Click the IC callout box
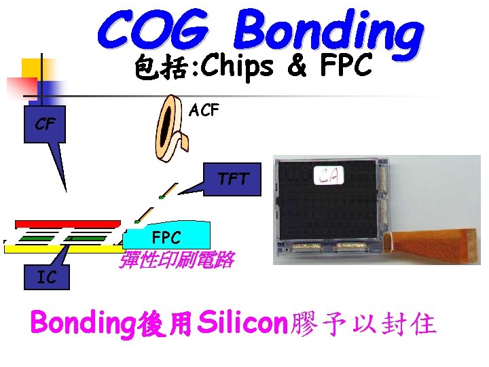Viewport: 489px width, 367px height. pos(46,277)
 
